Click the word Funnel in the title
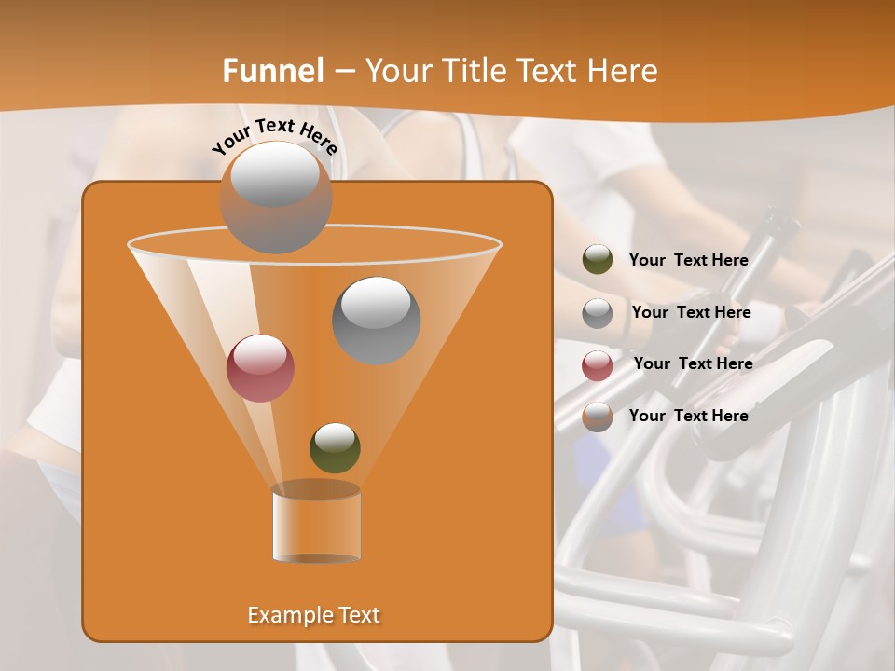(x=273, y=71)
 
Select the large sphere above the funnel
(x=276, y=197)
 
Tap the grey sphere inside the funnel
(x=376, y=320)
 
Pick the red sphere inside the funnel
(x=260, y=367)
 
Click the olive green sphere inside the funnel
(x=335, y=447)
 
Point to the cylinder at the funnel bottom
(x=316, y=524)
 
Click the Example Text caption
(x=314, y=615)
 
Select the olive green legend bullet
(x=598, y=260)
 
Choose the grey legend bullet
(x=598, y=313)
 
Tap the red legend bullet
(x=598, y=365)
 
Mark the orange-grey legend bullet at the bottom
(x=598, y=417)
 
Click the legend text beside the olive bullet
(x=689, y=261)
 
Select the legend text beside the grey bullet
(x=691, y=313)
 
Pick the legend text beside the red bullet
(x=693, y=363)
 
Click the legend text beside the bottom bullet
(x=689, y=416)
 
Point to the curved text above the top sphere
(x=274, y=136)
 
